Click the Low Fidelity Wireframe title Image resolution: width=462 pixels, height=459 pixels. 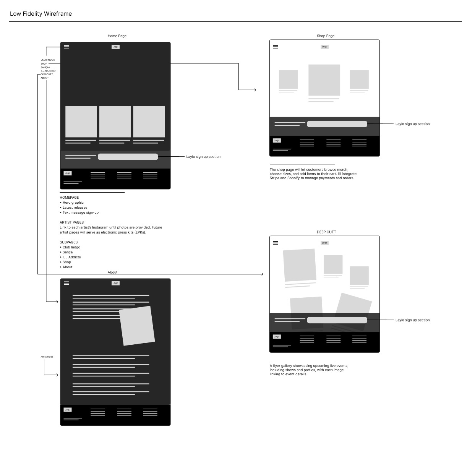[41, 14]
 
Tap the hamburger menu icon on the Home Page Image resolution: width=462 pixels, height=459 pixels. [66, 47]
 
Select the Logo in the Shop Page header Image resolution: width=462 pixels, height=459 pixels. [324, 47]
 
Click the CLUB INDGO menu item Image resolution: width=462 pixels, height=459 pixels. [48, 60]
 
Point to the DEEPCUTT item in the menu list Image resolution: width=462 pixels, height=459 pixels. [47, 75]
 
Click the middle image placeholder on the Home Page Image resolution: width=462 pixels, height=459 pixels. [115, 122]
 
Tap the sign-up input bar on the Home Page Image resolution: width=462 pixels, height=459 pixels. [128, 157]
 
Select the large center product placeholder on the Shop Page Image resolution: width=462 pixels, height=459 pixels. [324, 80]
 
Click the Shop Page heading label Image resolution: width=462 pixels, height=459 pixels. [326, 36]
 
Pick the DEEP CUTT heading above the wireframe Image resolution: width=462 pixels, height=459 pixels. [326, 232]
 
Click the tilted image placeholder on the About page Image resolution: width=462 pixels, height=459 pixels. [137, 326]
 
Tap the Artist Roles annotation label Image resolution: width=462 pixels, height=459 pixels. [47, 357]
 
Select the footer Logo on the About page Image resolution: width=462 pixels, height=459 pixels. [68, 410]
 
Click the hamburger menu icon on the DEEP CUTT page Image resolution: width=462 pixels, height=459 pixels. [276, 243]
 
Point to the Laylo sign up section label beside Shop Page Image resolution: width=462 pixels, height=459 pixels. [412, 124]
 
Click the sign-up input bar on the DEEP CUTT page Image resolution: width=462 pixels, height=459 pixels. [337, 320]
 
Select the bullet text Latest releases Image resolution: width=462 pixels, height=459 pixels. [75, 208]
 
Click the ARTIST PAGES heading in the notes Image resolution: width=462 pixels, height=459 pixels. [72, 222]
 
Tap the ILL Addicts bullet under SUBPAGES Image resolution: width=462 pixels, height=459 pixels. [72, 257]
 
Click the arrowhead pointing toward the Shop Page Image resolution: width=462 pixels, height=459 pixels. [255, 90]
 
